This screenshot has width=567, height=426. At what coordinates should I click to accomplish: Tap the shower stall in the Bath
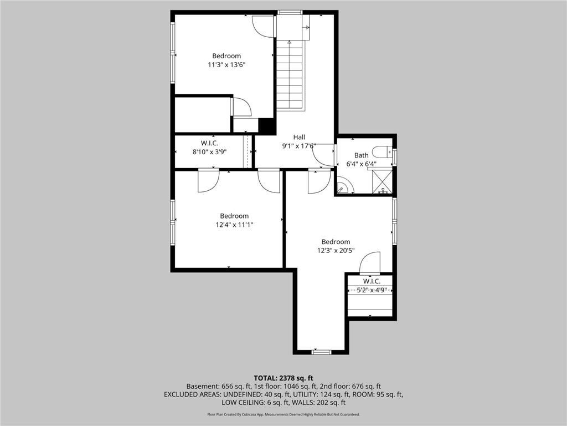click(382, 182)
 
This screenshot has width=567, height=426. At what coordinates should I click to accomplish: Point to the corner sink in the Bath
click(343, 186)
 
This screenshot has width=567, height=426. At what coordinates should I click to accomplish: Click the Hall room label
click(299, 137)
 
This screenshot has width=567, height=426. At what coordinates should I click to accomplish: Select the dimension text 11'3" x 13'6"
click(226, 65)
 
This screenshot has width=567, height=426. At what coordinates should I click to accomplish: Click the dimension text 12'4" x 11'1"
click(234, 225)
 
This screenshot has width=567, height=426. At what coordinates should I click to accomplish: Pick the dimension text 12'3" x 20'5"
click(336, 251)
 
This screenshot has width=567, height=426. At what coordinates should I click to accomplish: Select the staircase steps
click(291, 75)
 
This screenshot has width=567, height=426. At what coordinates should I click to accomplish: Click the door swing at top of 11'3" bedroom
click(263, 26)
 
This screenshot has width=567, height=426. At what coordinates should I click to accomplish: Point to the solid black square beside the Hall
click(267, 126)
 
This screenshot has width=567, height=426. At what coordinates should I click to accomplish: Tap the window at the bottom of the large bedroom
click(321, 352)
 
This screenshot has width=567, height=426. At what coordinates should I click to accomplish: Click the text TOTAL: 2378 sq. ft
click(283, 378)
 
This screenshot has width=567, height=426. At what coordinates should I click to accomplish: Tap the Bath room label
click(362, 155)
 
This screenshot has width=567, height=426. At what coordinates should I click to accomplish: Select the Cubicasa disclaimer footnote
click(283, 414)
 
